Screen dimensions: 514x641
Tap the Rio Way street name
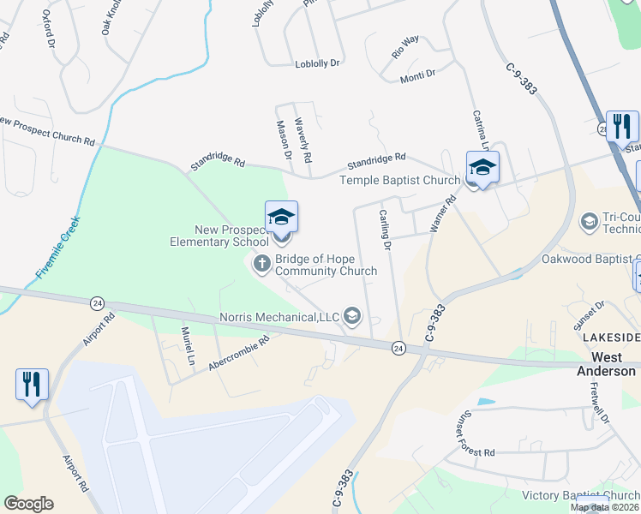(404, 46)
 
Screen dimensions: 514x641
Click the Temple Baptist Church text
(399, 180)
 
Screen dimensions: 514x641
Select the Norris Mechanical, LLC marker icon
(351, 317)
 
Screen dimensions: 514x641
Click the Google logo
(28, 504)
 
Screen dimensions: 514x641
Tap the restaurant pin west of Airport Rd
(32, 385)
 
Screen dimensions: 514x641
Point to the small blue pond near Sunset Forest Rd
(485, 401)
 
